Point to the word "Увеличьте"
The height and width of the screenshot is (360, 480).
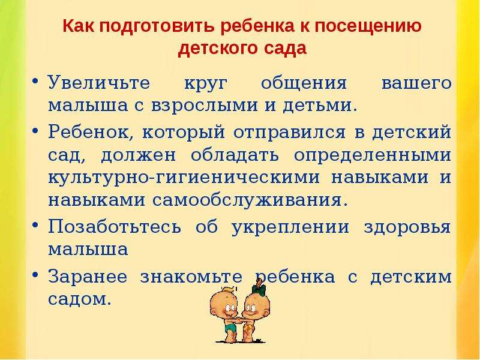point(99,82)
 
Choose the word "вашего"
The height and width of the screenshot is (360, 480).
point(416,83)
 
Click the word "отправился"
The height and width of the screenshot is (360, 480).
point(289,133)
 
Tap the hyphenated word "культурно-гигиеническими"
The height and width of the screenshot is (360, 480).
point(184,178)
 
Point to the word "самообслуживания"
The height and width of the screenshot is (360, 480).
point(250,200)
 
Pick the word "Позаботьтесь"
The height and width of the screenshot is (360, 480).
point(115,227)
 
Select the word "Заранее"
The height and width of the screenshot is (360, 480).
point(88,277)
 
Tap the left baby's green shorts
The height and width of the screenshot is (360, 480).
point(230,328)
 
